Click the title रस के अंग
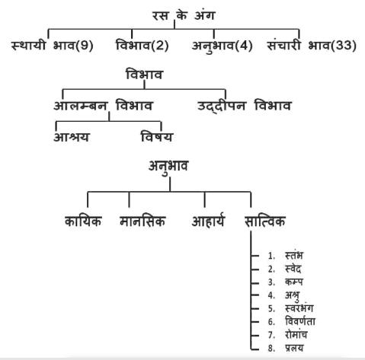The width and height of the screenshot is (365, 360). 184,16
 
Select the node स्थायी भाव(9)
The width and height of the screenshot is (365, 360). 53,46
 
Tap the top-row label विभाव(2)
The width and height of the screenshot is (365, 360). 142,45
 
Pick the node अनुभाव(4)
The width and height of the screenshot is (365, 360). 222,46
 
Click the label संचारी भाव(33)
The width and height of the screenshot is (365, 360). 312,46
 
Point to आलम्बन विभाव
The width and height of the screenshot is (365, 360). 103,106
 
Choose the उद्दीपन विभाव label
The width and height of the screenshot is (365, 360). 244,106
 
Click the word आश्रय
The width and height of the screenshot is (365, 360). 72,137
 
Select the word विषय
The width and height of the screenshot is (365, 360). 157,137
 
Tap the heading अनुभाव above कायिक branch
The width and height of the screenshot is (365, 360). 168,167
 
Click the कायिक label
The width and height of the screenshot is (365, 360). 83,221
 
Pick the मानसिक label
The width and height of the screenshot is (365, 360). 142,221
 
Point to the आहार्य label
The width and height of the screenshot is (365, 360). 208,221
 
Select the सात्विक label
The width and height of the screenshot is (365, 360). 264,221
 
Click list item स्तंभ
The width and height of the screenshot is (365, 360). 294,255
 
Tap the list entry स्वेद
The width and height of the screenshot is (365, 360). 293,269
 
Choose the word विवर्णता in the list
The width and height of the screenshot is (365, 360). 300,321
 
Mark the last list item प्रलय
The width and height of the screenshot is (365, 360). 294,348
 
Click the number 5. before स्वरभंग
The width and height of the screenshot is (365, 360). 271,308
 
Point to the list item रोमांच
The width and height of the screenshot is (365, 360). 296,335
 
